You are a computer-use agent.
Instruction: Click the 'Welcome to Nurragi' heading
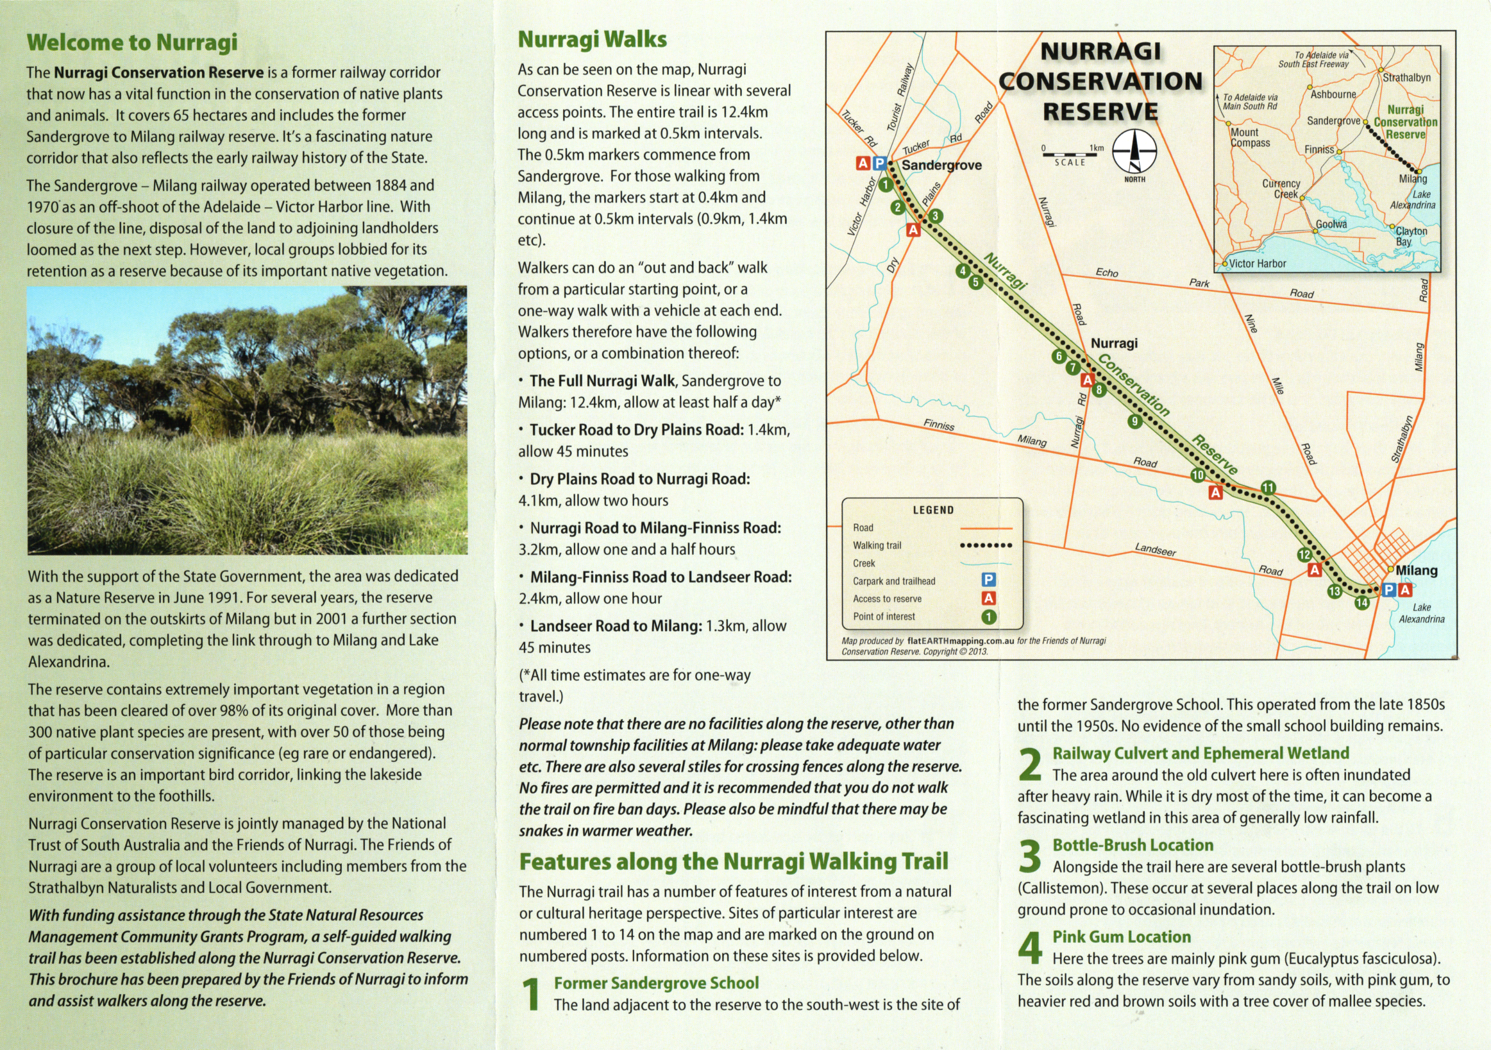pyautogui.click(x=132, y=42)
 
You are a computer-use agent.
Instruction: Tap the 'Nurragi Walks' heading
pyautogui.click(x=592, y=40)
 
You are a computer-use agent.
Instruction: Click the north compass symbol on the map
pyautogui.click(x=1134, y=151)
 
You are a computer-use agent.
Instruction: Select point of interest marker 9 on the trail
pyautogui.click(x=1134, y=421)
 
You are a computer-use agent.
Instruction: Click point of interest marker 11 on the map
pyautogui.click(x=1268, y=487)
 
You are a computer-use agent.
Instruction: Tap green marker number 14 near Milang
pyautogui.click(x=1361, y=602)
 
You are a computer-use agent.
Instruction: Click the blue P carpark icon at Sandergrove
pyautogui.click(x=879, y=164)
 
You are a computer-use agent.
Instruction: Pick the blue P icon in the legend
pyautogui.click(x=988, y=580)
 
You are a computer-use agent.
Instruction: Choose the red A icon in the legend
pyautogui.click(x=988, y=598)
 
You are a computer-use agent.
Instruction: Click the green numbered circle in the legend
pyautogui.click(x=988, y=617)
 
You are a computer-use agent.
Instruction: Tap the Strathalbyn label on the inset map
pyautogui.click(x=1406, y=78)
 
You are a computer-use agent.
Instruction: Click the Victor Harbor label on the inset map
pyautogui.click(x=1257, y=264)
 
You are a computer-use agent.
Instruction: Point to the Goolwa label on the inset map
pyautogui.click(x=1331, y=224)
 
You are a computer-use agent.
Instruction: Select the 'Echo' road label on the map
pyautogui.click(x=1107, y=273)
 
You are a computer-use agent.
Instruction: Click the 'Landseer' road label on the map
pyautogui.click(x=1155, y=550)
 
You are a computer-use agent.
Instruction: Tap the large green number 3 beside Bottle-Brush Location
pyautogui.click(x=1030, y=856)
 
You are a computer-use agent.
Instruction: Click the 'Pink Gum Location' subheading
pyautogui.click(x=1122, y=937)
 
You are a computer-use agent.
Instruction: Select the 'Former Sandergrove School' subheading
pyautogui.click(x=656, y=983)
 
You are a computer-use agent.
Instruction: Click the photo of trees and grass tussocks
pyautogui.click(x=247, y=420)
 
